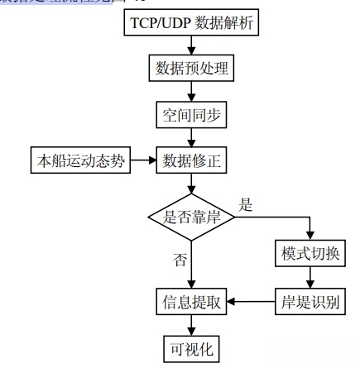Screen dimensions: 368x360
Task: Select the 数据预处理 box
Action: pyautogui.click(x=192, y=69)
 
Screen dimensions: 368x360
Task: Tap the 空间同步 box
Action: pyautogui.click(x=192, y=115)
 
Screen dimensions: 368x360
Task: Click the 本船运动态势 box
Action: pyautogui.click(x=81, y=161)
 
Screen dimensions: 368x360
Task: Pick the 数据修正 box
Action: pyautogui.click(x=192, y=161)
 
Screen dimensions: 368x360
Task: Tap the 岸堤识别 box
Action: pyautogui.click(x=310, y=302)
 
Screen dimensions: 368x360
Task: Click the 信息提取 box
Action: pyautogui.click(x=192, y=302)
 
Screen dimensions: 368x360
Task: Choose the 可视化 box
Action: pyautogui.click(x=192, y=349)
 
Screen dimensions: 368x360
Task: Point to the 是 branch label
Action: pyautogui.click(x=245, y=204)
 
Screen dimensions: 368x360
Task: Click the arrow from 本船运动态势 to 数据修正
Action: pyautogui.click(x=145, y=161)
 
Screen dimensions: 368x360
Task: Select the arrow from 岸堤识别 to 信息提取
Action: pyautogui.click(x=252, y=302)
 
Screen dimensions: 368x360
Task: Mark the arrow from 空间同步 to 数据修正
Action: pyautogui.click(x=192, y=138)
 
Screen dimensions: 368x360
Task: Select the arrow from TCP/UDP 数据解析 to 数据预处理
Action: pyautogui.click(x=192, y=45)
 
